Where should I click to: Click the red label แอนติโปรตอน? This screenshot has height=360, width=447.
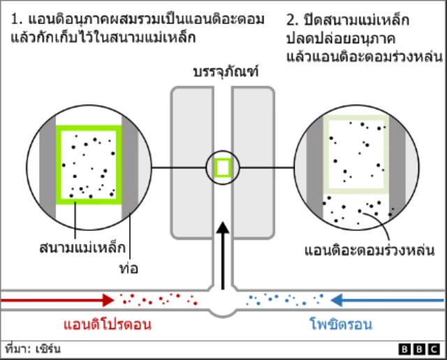[x=107, y=325]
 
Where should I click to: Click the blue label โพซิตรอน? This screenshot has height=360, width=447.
[x=341, y=325]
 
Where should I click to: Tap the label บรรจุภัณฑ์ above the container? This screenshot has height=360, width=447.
[x=223, y=73]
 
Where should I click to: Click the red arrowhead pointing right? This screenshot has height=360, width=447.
[x=107, y=300]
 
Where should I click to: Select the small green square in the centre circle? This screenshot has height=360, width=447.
[x=223, y=168]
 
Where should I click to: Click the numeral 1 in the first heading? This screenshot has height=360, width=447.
[x=15, y=19]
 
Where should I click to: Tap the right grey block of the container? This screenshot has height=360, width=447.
[x=254, y=161]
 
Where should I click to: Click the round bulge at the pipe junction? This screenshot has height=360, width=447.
[x=223, y=305]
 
